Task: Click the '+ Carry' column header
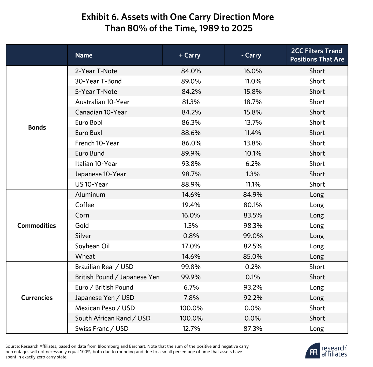189,55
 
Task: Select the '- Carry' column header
251,55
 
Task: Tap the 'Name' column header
84,55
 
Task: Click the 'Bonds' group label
37,127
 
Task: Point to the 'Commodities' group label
37,226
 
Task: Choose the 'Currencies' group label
37,298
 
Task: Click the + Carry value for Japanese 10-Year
191,174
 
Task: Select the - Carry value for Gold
253,226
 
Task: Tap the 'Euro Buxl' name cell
88,133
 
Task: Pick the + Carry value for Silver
191,236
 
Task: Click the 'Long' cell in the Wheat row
317,257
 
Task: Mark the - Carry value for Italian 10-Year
253,164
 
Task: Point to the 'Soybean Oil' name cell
92,246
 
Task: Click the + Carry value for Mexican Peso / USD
191,308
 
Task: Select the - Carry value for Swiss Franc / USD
253,329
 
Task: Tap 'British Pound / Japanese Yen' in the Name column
117,277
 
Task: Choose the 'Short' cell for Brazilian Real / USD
317,267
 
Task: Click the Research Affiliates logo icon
312,351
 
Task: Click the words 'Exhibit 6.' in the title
100,17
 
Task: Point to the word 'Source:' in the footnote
13,346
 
